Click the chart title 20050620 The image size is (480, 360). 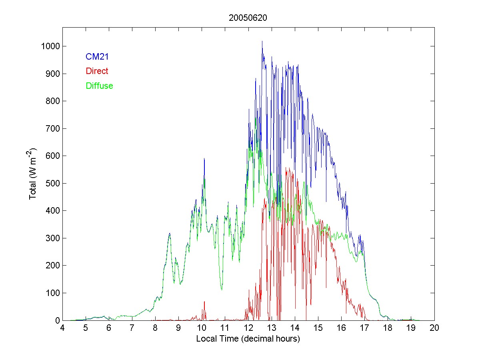point(248,18)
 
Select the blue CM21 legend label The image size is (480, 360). point(97,57)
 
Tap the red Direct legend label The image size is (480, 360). point(97,71)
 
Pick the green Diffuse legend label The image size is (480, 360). point(99,86)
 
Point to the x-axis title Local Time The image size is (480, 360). point(248,339)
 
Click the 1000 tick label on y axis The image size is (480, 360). point(50,46)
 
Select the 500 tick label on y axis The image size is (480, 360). point(52,183)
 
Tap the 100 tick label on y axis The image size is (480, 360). point(52,293)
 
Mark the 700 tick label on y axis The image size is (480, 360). point(52,128)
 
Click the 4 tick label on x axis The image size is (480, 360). point(62,328)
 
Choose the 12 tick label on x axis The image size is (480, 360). point(248,328)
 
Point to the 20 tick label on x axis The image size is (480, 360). point(434,328)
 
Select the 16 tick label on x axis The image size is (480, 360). point(341,328)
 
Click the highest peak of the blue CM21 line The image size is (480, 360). point(262,41)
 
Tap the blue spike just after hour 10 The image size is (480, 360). point(204,159)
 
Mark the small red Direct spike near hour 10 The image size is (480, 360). point(204,302)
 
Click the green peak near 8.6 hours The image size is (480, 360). point(170,234)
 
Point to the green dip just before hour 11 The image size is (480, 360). point(222,289)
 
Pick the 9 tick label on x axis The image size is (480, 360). point(179,328)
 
